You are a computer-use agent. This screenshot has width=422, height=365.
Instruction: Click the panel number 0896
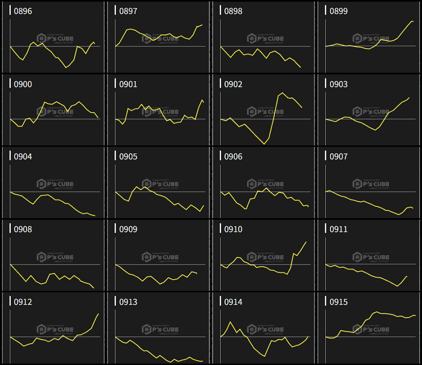click(x=23, y=11)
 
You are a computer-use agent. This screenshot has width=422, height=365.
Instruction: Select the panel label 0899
click(x=338, y=11)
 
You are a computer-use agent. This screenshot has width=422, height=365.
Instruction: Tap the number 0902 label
click(x=233, y=84)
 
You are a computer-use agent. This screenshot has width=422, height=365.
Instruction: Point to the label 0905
click(x=128, y=157)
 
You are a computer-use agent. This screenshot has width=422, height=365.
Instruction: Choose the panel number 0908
click(x=23, y=229)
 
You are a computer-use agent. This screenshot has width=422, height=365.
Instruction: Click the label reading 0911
click(x=338, y=229)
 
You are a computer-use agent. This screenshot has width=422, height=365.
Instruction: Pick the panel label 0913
click(x=128, y=302)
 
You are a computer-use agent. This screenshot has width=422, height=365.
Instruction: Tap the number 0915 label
click(x=338, y=302)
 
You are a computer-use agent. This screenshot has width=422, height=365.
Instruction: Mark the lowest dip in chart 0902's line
click(x=265, y=144)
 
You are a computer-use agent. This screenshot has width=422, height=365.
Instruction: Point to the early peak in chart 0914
click(x=230, y=322)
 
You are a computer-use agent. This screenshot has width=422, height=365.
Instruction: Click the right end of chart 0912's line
click(x=99, y=313)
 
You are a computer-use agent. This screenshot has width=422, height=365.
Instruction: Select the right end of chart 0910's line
click(x=306, y=242)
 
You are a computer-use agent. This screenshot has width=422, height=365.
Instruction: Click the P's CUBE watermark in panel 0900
click(x=55, y=112)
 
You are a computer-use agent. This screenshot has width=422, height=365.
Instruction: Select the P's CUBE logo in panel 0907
click(x=371, y=184)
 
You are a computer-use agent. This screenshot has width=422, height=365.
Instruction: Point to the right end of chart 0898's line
click(x=300, y=67)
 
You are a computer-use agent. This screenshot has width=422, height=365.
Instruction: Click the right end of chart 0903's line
click(x=410, y=98)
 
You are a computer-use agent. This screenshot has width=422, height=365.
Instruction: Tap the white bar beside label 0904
click(x=10, y=156)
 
